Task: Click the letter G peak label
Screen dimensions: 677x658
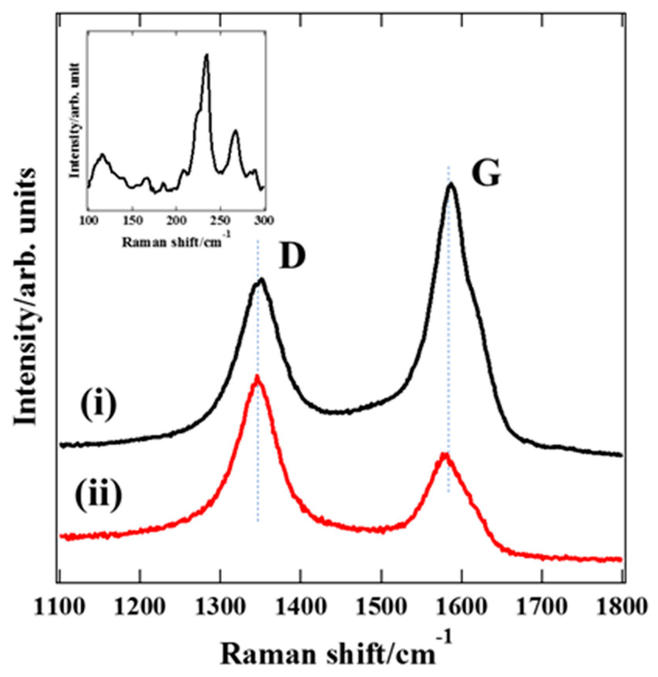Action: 485,173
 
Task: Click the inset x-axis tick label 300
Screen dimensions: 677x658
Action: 265,220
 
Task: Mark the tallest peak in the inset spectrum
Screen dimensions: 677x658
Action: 206,55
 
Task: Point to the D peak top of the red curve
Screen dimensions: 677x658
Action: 257,377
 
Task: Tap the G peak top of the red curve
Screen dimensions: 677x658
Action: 444,454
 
